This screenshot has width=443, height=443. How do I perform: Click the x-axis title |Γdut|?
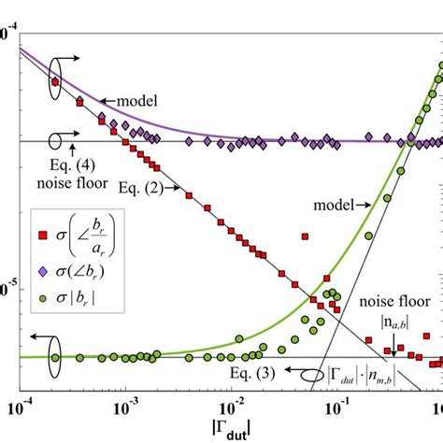click(x=230, y=430)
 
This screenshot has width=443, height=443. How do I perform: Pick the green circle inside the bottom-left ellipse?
click(x=54, y=356)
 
